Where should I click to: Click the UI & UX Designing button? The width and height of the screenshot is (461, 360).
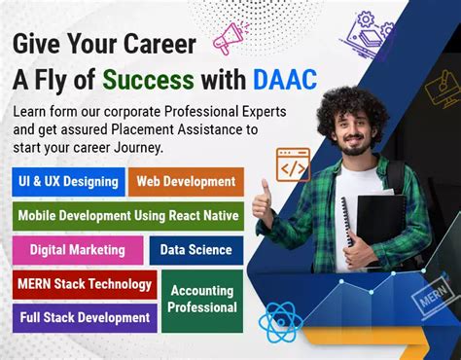68,181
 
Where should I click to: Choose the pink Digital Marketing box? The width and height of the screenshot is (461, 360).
78,250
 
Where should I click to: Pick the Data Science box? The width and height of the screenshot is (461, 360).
195,250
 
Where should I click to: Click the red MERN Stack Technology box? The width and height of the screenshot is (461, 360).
85,284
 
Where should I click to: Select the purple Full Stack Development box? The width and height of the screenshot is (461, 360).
85,317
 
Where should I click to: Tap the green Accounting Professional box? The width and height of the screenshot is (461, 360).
202,299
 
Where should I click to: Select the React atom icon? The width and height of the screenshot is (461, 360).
281,322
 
